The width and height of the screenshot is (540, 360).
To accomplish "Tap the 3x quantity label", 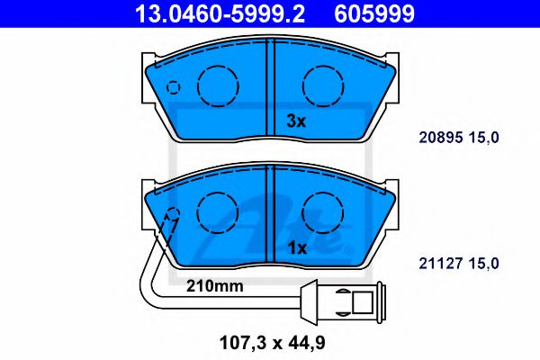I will [297, 121].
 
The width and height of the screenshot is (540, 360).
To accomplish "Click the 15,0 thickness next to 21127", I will [482, 262].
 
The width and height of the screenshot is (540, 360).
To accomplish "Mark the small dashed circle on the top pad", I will [174, 88].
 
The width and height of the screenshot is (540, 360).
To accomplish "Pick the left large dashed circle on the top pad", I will [216, 86].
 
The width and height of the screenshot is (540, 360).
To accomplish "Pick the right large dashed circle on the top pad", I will [321, 86].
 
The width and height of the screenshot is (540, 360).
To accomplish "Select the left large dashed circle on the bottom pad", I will [216, 213].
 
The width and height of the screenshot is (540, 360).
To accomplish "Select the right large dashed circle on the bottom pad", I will [321, 213].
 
